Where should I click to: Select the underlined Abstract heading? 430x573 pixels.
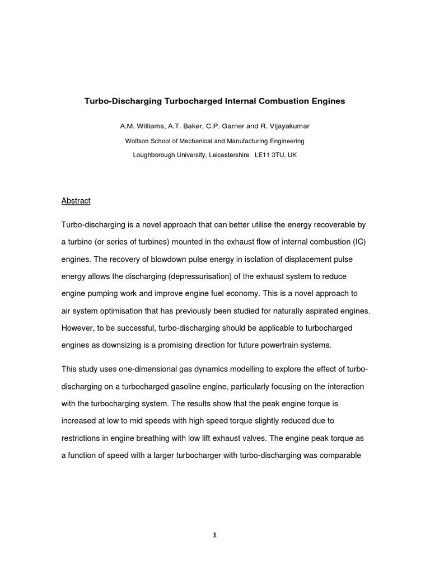click(x=76, y=200)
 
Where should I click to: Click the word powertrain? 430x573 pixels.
click(x=283, y=345)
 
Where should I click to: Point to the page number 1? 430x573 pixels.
click(x=214, y=535)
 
